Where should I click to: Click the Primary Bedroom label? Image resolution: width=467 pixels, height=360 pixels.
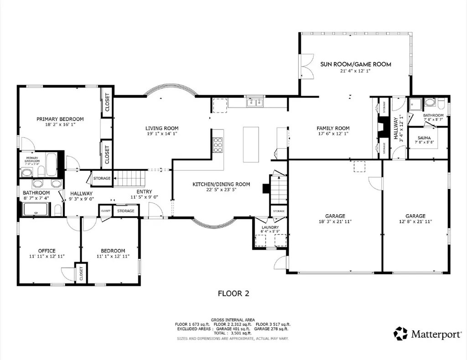pyautogui.click(x=60, y=119)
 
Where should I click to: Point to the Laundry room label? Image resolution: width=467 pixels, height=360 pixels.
pyautogui.click(x=270, y=227)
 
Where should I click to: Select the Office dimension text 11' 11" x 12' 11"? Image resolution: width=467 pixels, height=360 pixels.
pyautogui.click(x=47, y=257)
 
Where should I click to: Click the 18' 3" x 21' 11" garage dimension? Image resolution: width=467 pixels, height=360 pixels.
pyautogui.click(x=335, y=221)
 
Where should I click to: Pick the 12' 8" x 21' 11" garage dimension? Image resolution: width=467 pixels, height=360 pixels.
pyautogui.click(x=415, y=221)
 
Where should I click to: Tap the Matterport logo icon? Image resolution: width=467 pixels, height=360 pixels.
pyautogui.click(x=401, y=334)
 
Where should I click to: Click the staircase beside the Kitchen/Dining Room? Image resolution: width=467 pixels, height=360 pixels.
pyautogui.click(x=278, y=190)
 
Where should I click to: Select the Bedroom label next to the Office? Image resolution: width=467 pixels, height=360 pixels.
pyautogui.click(x=113, y=251)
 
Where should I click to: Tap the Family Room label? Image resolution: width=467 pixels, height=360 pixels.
pyautogui.click(x=333, y=129)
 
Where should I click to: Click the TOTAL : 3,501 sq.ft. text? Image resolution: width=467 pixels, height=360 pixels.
pyautogui.click(x=233, y=334)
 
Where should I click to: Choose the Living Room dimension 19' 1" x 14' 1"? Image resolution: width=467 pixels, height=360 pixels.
pyautogui.click(x=162, y=134)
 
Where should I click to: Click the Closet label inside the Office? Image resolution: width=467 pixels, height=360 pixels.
pyautogui.click(x=81, y=273)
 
